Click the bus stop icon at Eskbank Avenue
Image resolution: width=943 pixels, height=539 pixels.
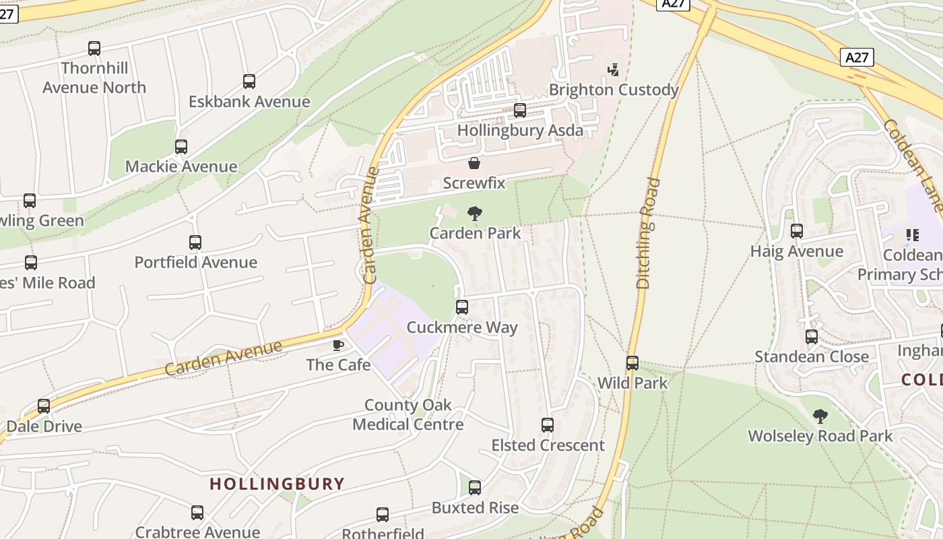pyautogui.click(x=249, y=82)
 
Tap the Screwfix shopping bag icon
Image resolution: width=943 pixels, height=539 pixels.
pyautogui.click(x=474, y=163)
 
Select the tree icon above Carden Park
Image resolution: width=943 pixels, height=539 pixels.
pyautogui.click(x=475, y=214)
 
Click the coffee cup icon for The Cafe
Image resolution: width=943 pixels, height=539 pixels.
pyautogui.click(x=338, y=345)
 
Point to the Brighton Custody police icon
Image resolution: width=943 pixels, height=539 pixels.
pyautogui.click(x=613, y=69)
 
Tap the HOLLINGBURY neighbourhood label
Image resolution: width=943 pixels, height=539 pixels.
pyautogui.click(x=277, y=484)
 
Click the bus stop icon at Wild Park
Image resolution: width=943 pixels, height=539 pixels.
pyautogui.click(x=632, y=363)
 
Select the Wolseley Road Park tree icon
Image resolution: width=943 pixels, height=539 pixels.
pyautogui.click(x=820, y=416)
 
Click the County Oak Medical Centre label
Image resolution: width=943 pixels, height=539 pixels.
pyautogui.click(x=408, y=415)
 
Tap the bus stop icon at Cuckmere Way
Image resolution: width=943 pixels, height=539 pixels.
pyautogui.click(x=462, y=307)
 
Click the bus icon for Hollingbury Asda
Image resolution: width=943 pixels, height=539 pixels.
pyautogui.click(x=520, y=110)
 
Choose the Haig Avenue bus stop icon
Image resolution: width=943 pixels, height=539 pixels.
pyautogui.click(x=797, y=231)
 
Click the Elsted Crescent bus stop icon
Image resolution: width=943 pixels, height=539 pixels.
pyautogui.click(x=548, y=425)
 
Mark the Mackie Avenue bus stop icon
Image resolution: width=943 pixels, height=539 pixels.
pyautogui.click(x=181, y=147)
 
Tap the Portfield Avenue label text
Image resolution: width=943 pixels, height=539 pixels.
pyautogui.click(x=196, y=263)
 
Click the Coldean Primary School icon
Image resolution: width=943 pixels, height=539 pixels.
pyautogui.click(x=913, y=235)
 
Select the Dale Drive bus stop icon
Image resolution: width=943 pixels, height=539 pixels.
pyautogui.click(x=44, y=406)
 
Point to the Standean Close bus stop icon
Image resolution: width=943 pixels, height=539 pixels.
pyautogui.click(x=812, y=336)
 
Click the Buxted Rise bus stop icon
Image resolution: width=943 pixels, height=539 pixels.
pyautogui.click(x=475, y=488)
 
